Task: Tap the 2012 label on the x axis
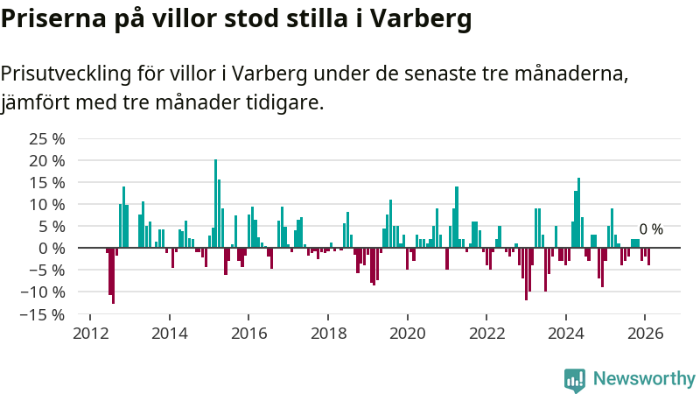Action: click(x=90, y=334)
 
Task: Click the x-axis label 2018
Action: click(x=328, y=334)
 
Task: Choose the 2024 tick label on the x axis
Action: click(x=566, y=334)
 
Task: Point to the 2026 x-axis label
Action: click(x=645, y=334)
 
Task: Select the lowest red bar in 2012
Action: click(x=114, y=276)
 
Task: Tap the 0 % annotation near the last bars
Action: click(x=651, y=229)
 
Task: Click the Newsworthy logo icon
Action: click(x=575, y=379)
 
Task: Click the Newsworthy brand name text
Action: click(x=644, y=379)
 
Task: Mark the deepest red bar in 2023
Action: click(x=526, y=274)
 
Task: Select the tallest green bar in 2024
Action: click(x=579, y=213)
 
